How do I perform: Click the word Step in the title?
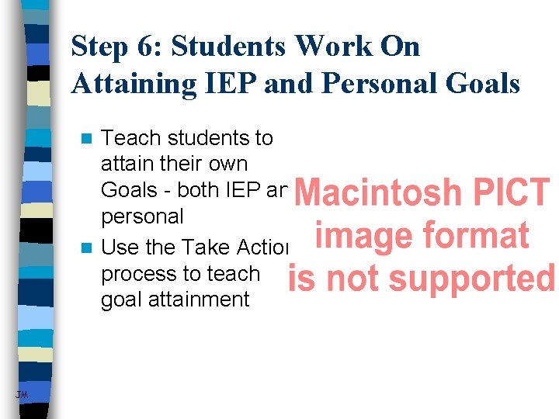coord(99,48)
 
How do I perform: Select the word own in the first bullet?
coord(225,164)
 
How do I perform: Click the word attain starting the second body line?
coord(125,164)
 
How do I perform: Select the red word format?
coord(480,235)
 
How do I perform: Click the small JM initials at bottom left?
coord(21,396)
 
